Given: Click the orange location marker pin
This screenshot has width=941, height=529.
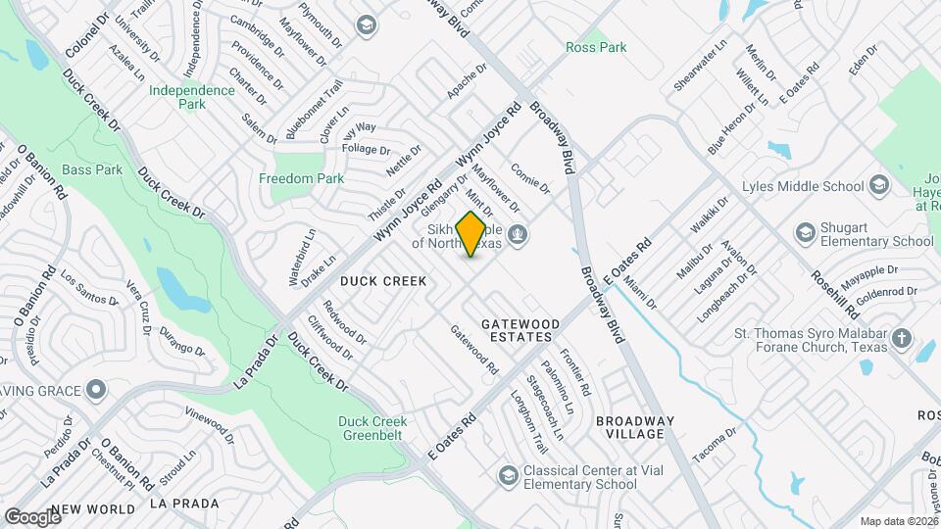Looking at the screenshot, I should point(471,234).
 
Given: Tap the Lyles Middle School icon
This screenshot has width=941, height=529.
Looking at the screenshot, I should point(879,186).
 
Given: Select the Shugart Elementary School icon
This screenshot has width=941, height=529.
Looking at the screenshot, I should point(806,232).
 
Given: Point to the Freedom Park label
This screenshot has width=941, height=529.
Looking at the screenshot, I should point(301,178).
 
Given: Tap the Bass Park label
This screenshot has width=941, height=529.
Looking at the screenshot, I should point(96,169).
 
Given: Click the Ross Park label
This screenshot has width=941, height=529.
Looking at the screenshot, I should point(585,47).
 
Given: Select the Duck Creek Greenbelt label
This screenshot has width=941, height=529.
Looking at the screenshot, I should point(371,428).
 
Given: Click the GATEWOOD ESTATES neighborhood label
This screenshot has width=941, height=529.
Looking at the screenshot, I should point(520,330).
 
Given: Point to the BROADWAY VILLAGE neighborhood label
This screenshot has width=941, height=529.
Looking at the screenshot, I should point(635,428).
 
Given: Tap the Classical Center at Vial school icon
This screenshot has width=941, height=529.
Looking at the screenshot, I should point(508,476).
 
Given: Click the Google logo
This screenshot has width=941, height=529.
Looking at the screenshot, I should point(31,516).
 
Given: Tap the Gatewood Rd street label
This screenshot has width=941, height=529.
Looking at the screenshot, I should point(474,350).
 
